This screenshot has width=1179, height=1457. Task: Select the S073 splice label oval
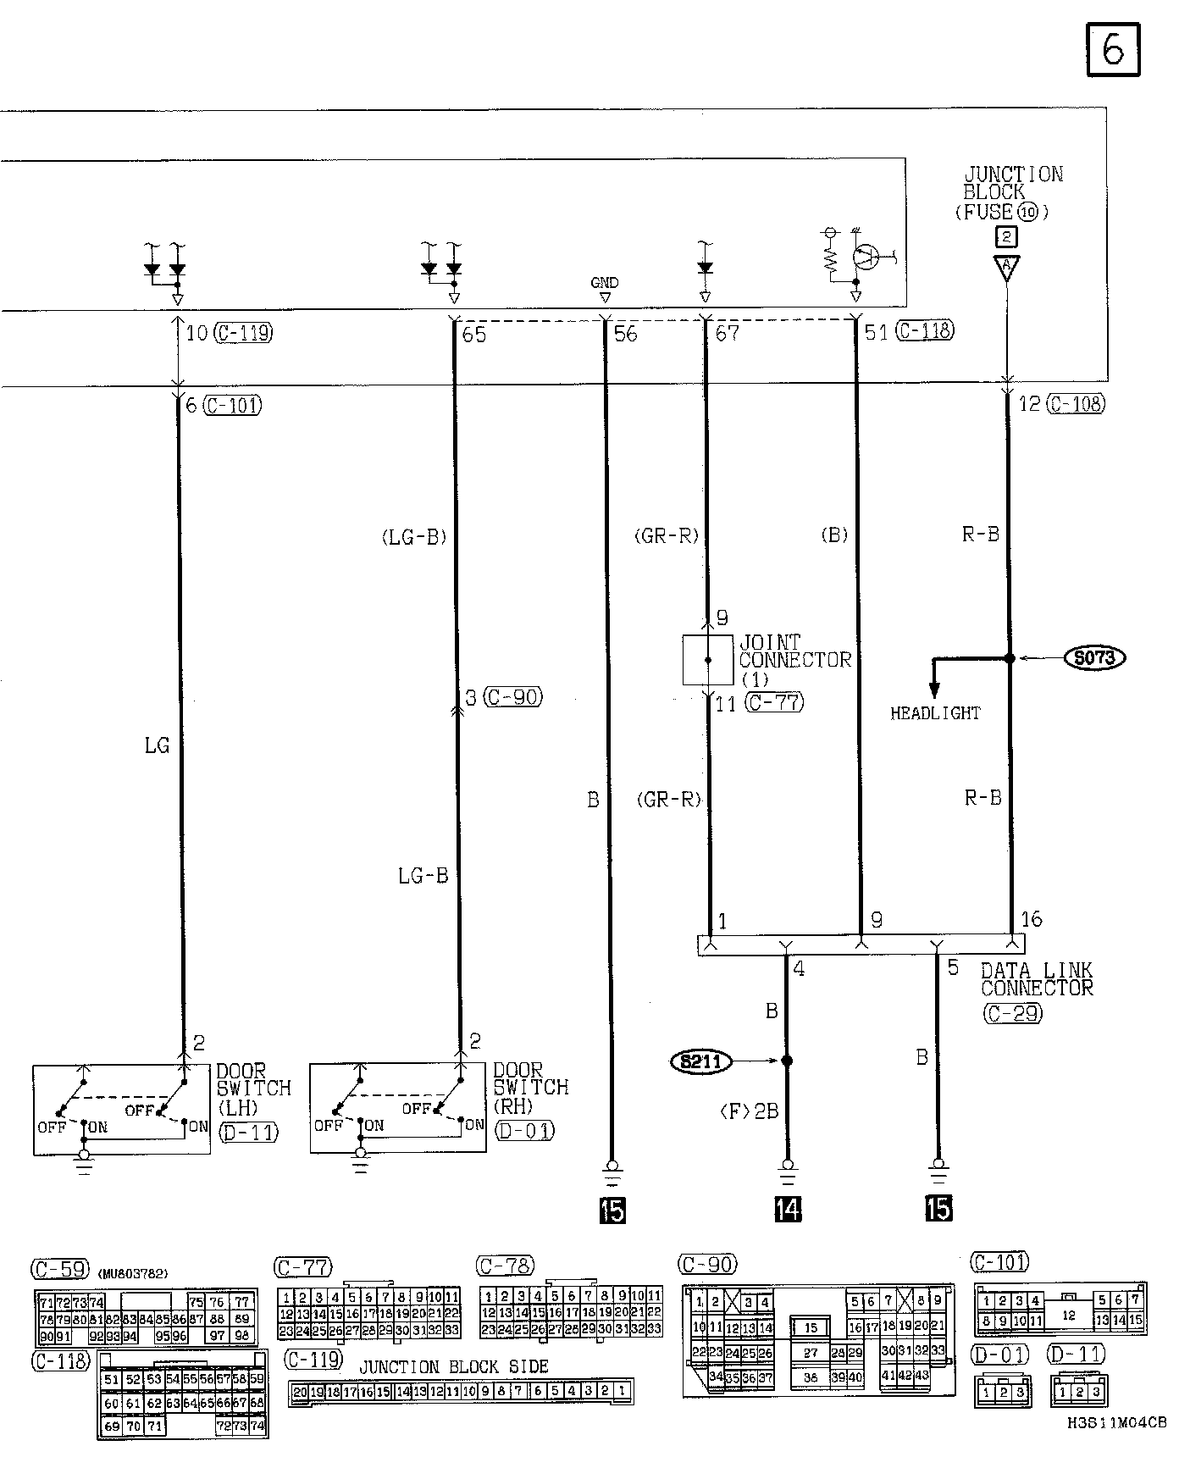1094,657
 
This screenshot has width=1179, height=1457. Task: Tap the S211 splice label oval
701,1061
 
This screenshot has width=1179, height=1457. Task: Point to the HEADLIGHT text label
935,713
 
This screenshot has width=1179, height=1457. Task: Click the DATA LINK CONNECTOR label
1037,979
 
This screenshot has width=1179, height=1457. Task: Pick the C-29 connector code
1013,1012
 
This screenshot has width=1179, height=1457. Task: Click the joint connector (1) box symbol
708,659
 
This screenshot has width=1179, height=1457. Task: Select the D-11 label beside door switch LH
248,1132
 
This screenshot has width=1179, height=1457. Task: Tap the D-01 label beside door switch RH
524,1130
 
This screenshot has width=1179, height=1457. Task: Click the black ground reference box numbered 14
788,1209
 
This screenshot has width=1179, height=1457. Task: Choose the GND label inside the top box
605,283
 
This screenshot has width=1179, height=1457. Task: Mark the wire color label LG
158,745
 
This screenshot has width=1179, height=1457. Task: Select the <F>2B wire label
750,1111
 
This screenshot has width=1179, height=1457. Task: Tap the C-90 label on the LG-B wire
513,697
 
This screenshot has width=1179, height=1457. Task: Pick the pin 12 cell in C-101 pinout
1068,1316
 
